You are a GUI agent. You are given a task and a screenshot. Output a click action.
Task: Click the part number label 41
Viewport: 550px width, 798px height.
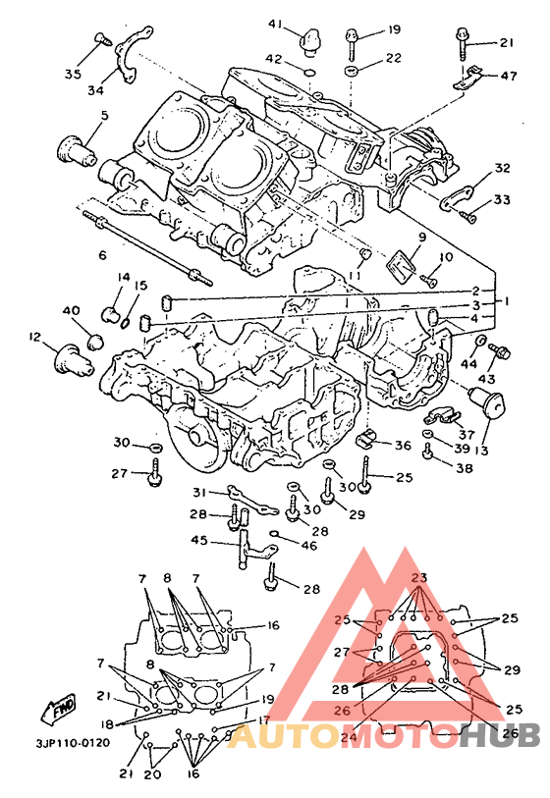pos(276,24)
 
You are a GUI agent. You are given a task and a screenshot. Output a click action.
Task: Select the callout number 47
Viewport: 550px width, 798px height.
pos(508,76)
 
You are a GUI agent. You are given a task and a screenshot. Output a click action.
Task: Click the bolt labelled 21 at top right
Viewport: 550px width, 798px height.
pos(465,43)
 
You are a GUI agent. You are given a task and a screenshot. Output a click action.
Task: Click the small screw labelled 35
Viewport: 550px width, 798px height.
pos(103,38)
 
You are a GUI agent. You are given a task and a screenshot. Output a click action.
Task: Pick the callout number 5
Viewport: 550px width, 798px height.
pos(105,116)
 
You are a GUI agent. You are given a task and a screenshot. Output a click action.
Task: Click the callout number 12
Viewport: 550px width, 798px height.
pos(35,337)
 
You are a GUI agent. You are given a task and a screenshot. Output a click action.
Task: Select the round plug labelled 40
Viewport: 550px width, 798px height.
pos(94,342)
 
